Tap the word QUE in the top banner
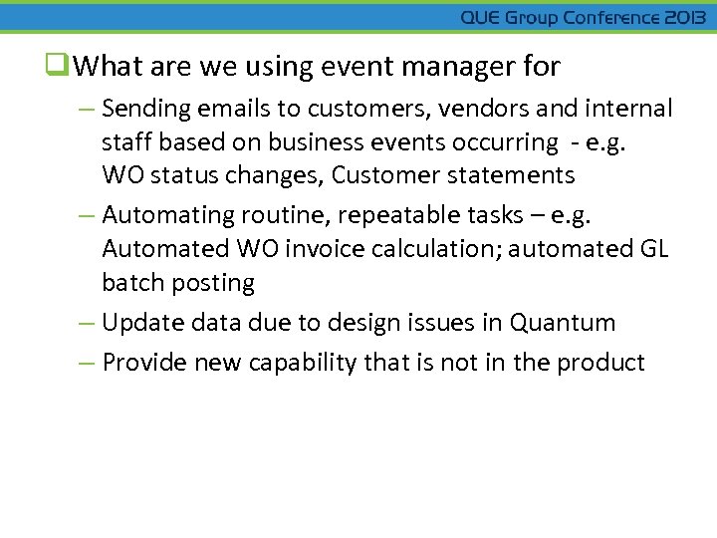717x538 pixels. pyautogui.click(x=481, y=18)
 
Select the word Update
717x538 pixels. pyautogui.click(x=143, y=323)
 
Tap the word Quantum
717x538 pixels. pyautogui.click(x=563, y=323)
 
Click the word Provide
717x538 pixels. pyautogui.click(x=145, y=363)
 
